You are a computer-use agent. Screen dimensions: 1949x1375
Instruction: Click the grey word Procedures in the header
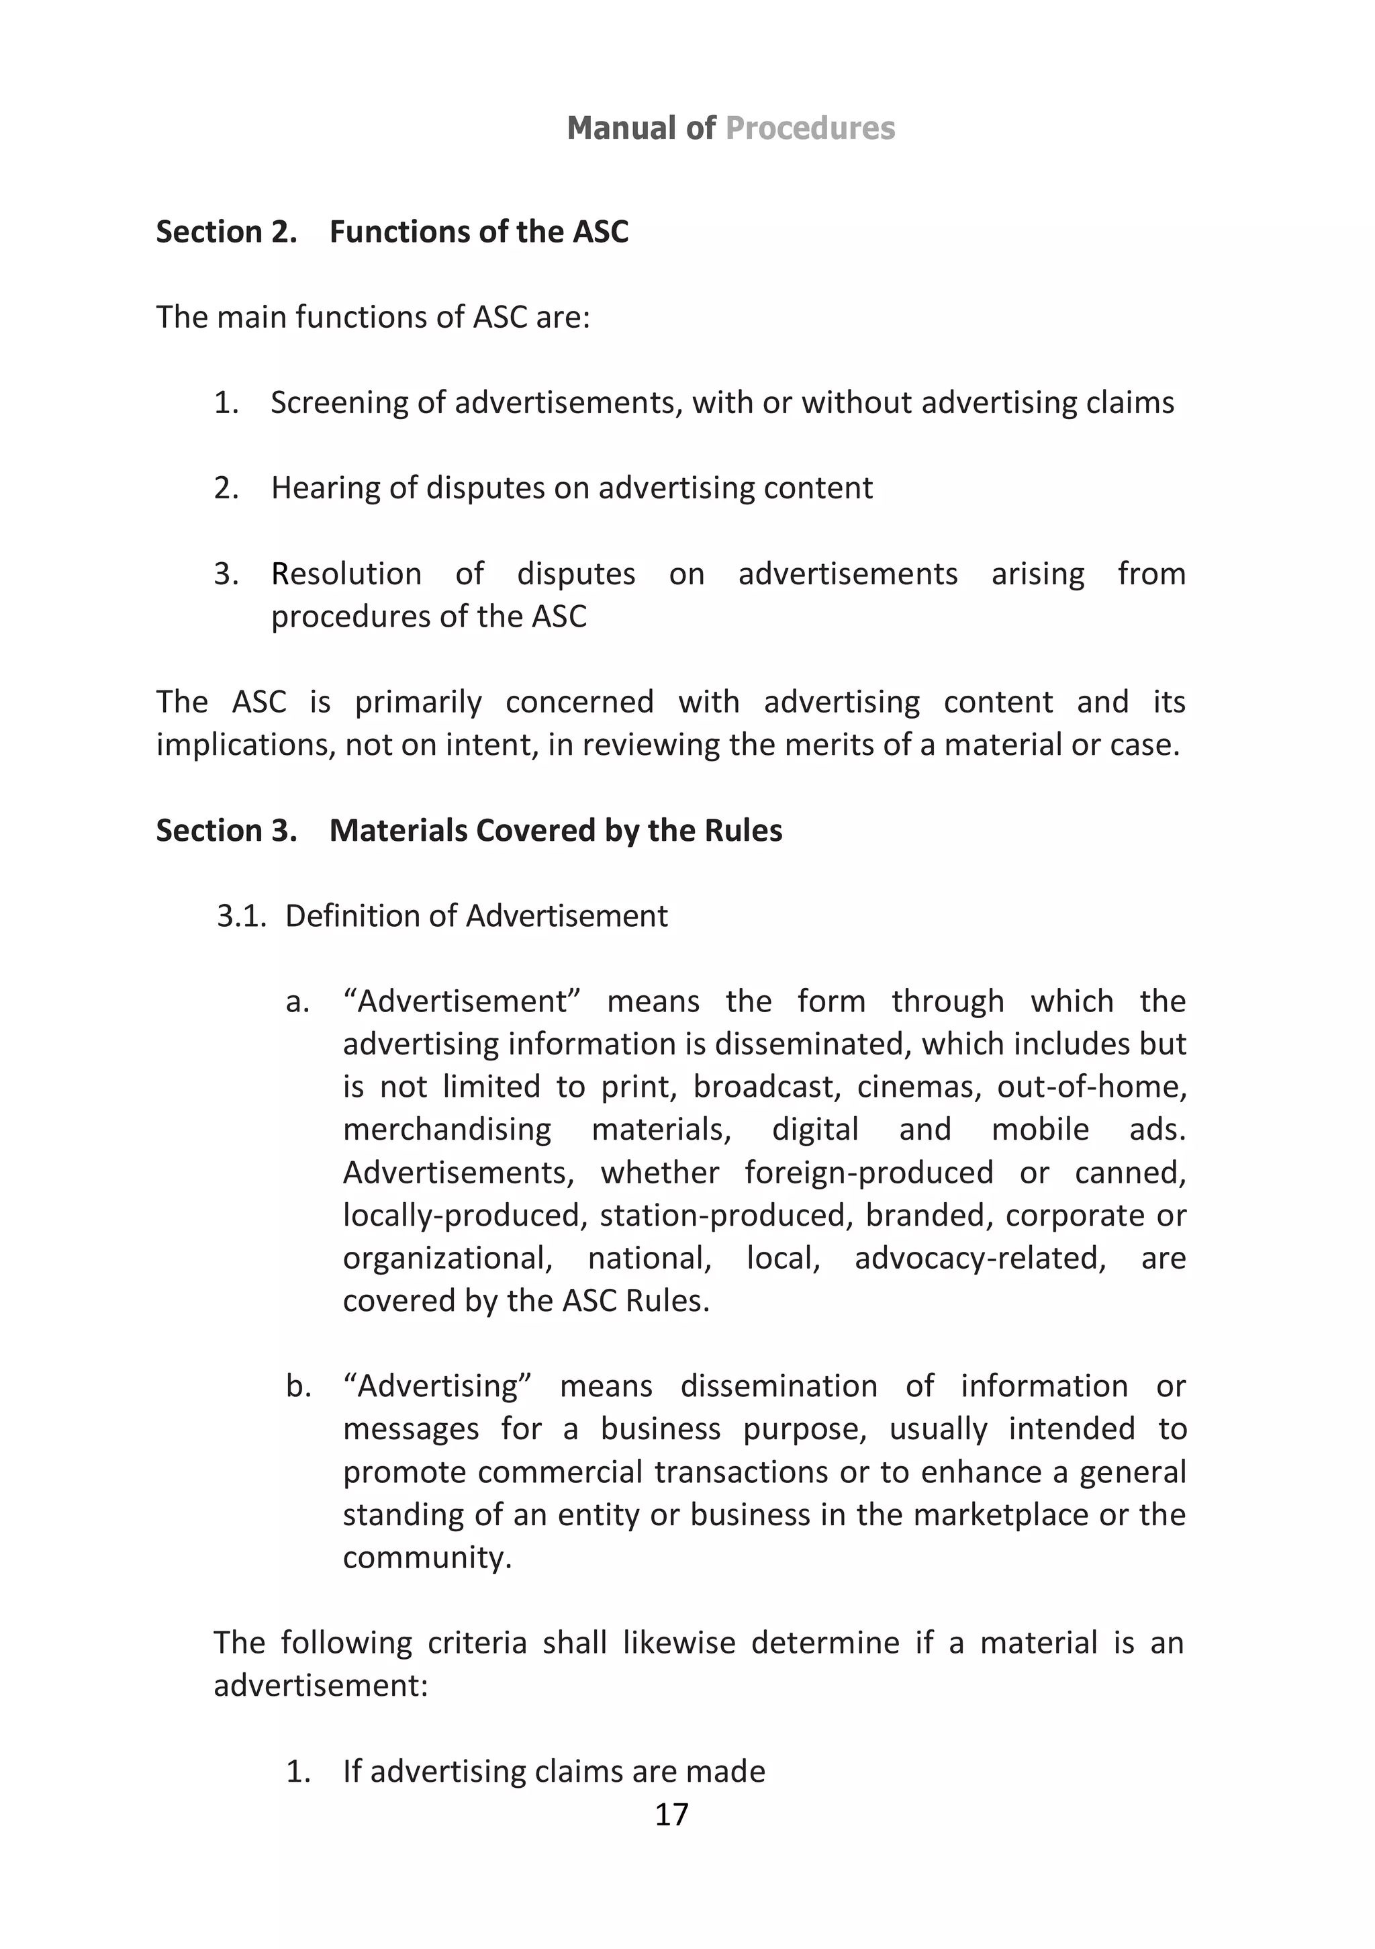pyautogui.click(x=810, y=128)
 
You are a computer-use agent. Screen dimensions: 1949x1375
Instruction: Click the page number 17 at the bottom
pyautogui.click(x=671, y=1814)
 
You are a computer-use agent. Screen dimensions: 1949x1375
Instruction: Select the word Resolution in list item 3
pyautogui.click(x=346, y=574)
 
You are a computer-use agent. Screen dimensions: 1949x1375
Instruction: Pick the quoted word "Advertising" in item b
pyautogui.click(x=437, y=1386)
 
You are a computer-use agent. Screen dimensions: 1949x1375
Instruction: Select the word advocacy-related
pyautogui.click(x=980, y=1258)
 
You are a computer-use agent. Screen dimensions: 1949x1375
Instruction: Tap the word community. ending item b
pyautogui.click(x=427, y=1557)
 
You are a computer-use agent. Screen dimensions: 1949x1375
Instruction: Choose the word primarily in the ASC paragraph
pyautogui.click(x=418, y=702)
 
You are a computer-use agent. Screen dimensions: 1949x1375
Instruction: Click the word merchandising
pyautogui.click(x=446, y=1130)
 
